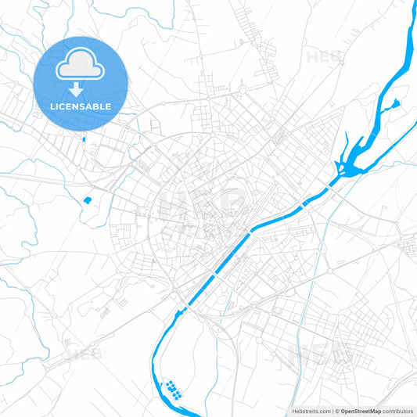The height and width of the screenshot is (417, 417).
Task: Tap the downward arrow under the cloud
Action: click(81, 90)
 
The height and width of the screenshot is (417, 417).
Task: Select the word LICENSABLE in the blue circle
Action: click(81, 106)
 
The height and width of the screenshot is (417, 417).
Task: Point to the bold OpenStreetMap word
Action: click(361, 410)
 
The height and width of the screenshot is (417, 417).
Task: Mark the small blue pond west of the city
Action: click(88, 200)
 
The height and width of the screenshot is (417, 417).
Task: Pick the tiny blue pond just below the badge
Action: click(83, 140)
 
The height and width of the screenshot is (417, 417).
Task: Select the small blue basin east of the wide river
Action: click(396, 102)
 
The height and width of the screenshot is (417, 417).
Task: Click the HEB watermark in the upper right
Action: click(323, 57)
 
